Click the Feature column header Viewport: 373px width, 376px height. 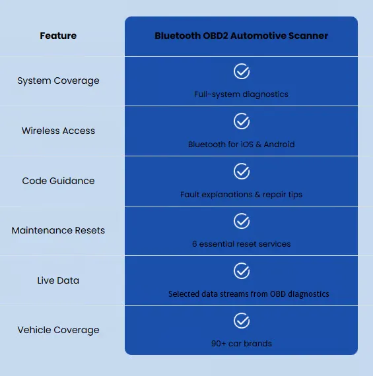tap(58, 36)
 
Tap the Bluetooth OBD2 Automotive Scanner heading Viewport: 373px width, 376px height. tap(241, 36)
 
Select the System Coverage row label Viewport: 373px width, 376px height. tap(58, 81)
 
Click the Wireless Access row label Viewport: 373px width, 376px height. tap(58, 131)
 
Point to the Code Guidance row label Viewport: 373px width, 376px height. tap(58, 181)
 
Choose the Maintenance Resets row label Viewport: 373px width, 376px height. tap(58, 230)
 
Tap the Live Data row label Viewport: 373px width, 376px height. tap(58, 280)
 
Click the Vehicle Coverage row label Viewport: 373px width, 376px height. tap(58, 330)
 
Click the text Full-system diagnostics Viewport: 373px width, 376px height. tap(241, 94)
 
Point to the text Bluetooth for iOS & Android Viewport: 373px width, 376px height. tap(241, 144)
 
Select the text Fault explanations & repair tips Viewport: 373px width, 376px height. tap(241, 195)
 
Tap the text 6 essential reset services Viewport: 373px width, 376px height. tap(241, 244)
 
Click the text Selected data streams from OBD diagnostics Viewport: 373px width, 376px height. tap(249, 294)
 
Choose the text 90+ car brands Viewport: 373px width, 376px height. tap(242, 344)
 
